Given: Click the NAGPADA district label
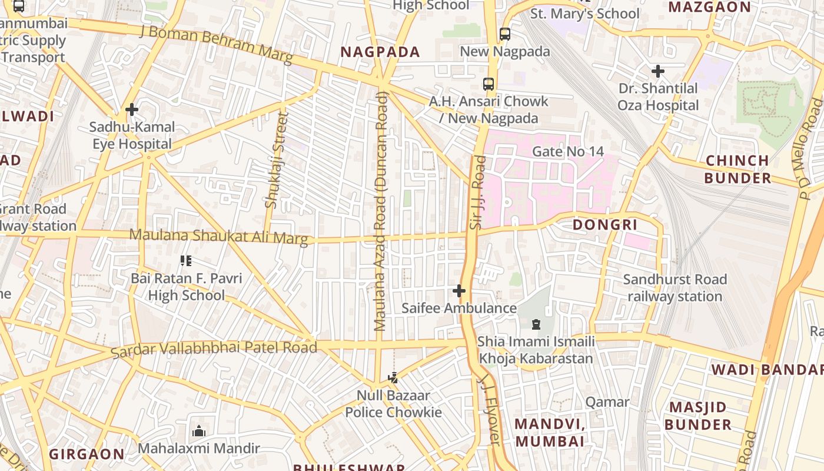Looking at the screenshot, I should tap(380, 52).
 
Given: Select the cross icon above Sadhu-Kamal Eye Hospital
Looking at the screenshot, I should tap(132, 110).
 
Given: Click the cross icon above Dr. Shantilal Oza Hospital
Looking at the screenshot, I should tap(658, 71).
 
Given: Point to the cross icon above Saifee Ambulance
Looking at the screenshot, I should tap(458, 291).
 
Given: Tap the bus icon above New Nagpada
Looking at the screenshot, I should tap(505, 34).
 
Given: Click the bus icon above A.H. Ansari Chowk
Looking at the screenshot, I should tap(489, 84).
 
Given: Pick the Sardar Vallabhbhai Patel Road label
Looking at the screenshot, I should tap(214, 349).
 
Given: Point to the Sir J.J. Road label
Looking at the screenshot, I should tap(478, 192).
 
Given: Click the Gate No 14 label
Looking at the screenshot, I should tap(567, 151).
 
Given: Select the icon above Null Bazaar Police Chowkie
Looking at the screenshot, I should tap(393, 378).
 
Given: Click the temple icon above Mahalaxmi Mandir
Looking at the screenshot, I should tap(199, 431).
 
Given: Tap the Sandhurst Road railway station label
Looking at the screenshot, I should tap(675, 287).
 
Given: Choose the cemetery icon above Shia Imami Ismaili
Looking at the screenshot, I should tap(536, 324).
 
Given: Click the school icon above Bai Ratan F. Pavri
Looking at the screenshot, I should tap(186, 261).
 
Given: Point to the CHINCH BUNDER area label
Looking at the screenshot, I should tap(737, 169).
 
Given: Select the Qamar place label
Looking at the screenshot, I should tap(607, 402).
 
